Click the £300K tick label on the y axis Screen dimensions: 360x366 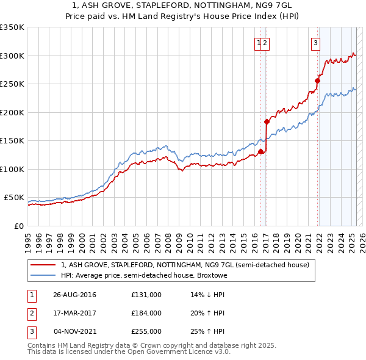[12, 56]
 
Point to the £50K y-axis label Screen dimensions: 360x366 [13, 198]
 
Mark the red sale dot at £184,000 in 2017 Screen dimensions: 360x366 [267, 121]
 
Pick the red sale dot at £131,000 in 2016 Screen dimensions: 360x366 [260, 151]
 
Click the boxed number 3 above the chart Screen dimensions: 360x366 [315, 43]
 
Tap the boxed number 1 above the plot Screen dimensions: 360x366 [259, 43]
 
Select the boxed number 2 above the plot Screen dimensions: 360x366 [267, 43]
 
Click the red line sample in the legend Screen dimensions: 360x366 [43, 265]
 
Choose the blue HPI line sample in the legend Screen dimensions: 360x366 [43, 276]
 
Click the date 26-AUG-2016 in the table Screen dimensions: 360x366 [74, 295]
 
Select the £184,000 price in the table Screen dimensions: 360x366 [146, 313]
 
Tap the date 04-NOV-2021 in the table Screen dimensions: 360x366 [75, 331]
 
